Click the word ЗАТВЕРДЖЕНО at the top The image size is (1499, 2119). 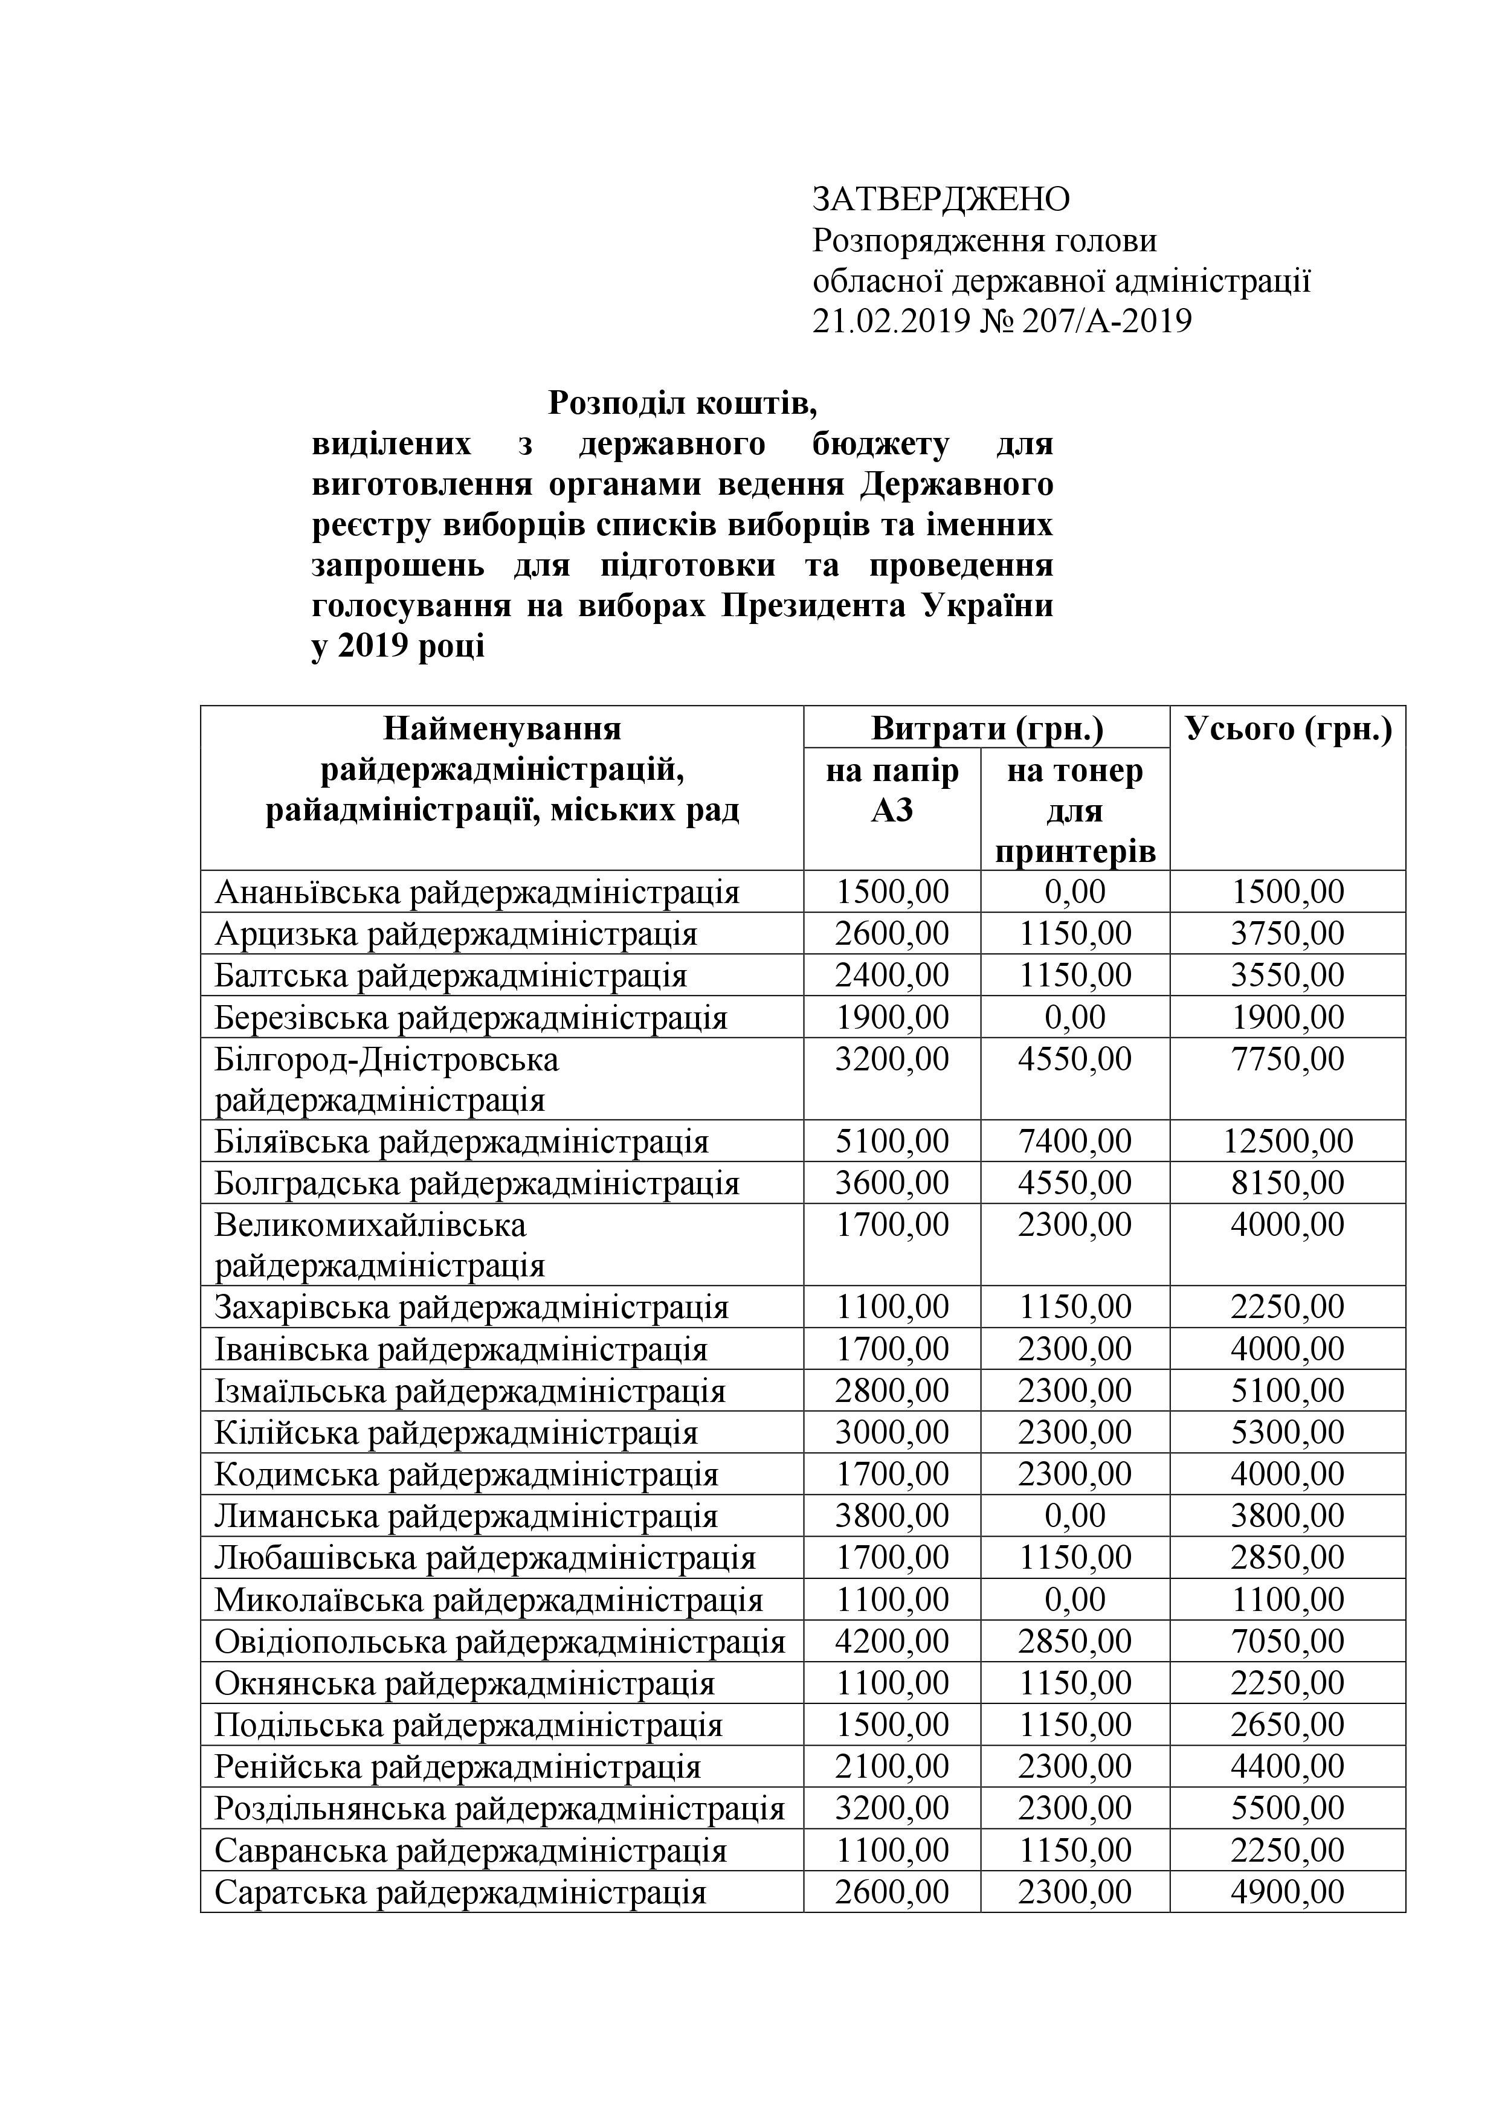(x=941, y=198)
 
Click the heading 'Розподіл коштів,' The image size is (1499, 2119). (x=683, y=402)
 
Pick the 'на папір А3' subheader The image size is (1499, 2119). (x=892, y=790)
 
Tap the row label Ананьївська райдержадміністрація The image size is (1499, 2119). (x=477, y=892)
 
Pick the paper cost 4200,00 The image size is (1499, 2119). (x=892, y=1642)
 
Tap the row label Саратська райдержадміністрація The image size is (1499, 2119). (x=460, y=1893)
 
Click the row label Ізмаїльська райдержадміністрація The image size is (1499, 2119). (x=470, y=1391)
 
